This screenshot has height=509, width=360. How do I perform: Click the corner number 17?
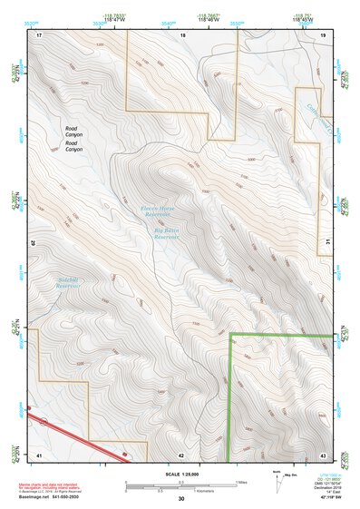click(39, 34)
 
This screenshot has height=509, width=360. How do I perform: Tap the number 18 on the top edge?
click(183, 34)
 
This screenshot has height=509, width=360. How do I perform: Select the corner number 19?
click(324, 34)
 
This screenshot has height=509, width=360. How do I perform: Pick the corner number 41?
click(39, 454)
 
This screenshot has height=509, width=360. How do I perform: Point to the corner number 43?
click(324, 454)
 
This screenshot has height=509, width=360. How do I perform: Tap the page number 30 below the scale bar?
click(181, 499)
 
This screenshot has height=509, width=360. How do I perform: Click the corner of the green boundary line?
click(230, 336)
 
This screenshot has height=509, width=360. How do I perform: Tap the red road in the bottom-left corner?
click(73, 436)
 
